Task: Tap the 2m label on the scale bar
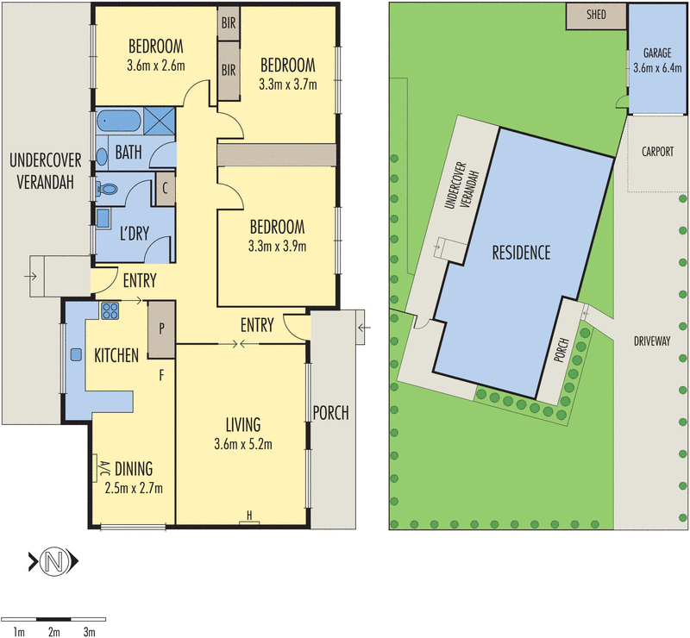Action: pos(53,633)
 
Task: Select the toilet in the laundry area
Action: pos(110,187)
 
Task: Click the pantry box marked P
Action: pos(161,329)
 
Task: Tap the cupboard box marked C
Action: pos(164,188)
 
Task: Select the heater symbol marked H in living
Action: pos(249,516)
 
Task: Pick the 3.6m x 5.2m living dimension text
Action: pos(243,445)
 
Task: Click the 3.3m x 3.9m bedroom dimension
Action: pos(277,246)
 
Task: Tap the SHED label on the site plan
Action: pos(596,15)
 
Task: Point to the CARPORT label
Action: pos(657,151)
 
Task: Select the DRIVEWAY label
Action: pos(651,341)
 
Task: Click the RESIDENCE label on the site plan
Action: pos(520,253)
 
